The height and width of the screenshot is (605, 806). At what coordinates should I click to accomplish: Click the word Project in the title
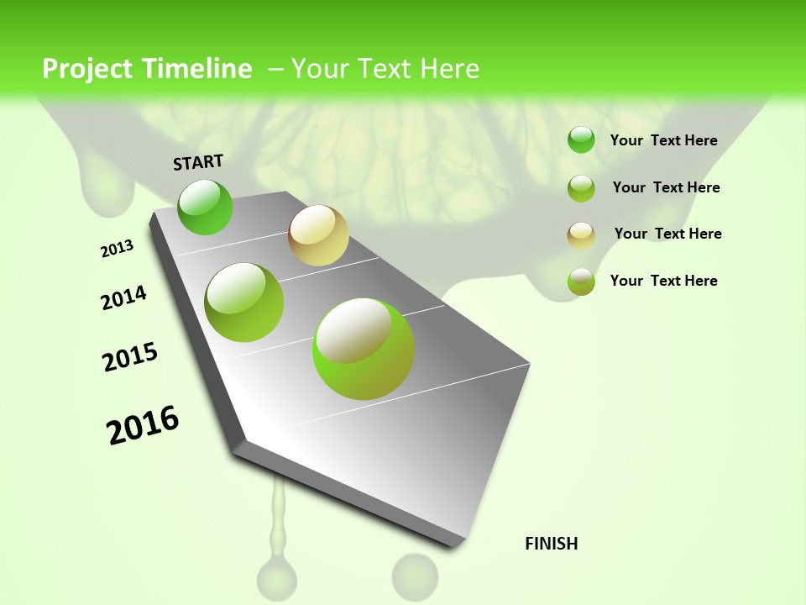point(87,69)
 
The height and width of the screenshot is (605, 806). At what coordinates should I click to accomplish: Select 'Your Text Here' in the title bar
point(385,69)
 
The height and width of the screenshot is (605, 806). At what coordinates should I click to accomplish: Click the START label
point(198,162)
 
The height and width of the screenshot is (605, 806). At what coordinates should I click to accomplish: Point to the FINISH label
point(552,544)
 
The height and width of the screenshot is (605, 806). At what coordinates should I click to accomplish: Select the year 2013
point(118,249)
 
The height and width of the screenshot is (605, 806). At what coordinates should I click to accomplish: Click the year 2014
point(124,298)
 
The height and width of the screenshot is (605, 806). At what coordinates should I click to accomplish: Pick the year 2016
point(143,425)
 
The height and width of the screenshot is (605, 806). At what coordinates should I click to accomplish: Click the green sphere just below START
point(205,207)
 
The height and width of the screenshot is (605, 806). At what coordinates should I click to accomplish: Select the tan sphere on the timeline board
point(318,235)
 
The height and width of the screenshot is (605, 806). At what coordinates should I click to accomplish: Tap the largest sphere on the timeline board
point(364,348)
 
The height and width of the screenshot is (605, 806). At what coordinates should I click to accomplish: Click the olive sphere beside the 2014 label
point(244,302)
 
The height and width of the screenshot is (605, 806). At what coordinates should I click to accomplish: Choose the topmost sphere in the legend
point(581,140)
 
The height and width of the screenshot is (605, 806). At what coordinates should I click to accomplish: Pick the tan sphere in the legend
point(581,235)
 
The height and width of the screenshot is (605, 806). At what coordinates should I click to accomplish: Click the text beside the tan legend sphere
point(667,234)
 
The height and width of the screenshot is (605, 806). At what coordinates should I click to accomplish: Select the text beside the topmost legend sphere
point(664,140)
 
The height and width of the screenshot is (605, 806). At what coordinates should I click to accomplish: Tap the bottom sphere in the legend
point(581,281)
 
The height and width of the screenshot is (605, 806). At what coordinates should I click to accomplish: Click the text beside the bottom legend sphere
point(664,281)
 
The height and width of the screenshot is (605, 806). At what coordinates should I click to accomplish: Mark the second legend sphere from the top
point(581,188)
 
